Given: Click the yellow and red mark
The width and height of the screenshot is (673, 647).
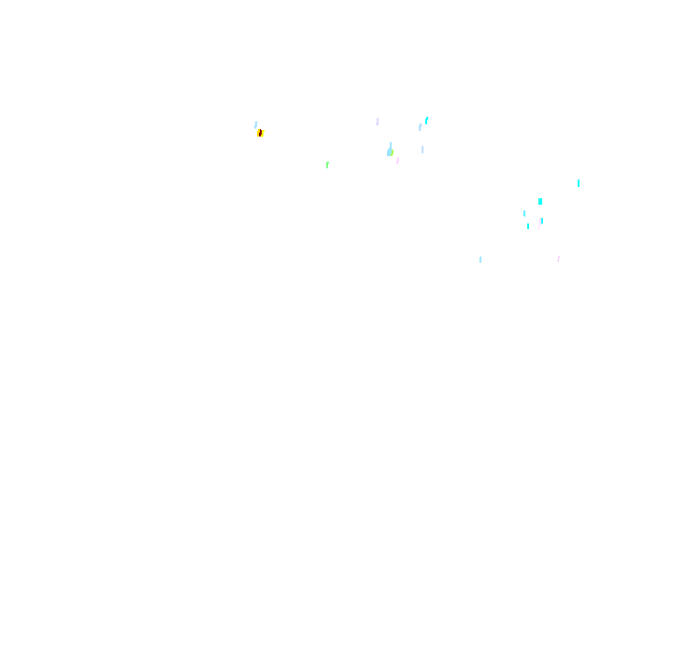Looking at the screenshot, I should [260, 133].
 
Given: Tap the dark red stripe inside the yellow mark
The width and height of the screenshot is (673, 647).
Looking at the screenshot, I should [261, 133].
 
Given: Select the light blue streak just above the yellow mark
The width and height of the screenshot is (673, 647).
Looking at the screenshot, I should [255, 124].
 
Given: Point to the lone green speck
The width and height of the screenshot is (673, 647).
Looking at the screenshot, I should [327, 165].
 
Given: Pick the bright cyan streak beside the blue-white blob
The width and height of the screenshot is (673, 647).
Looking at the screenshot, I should [426, 120].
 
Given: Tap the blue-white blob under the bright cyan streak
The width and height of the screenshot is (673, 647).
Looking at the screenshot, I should [421, 127].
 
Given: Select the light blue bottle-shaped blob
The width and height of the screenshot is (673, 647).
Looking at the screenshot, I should [390, 151].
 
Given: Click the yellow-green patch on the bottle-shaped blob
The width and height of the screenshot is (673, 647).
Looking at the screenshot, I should [392, 152].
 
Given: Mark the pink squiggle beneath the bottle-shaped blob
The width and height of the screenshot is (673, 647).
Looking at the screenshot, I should [397, 161].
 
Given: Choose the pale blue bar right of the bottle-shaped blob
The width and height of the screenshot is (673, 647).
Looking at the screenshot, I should [422, 150].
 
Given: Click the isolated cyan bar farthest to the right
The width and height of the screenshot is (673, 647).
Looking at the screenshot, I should [578, 183].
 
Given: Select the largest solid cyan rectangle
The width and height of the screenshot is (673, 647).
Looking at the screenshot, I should [539, 201].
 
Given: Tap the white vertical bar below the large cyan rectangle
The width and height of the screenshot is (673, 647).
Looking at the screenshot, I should [545, 214].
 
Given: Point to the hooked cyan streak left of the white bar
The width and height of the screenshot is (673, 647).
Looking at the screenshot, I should [524, 213].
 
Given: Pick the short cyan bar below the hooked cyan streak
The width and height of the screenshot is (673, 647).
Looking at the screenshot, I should [527, 226].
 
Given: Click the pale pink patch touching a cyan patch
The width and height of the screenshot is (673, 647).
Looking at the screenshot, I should [541, 221].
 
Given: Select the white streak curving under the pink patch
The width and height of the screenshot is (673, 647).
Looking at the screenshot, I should [538, 226].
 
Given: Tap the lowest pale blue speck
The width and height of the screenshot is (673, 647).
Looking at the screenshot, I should [480, 260].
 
